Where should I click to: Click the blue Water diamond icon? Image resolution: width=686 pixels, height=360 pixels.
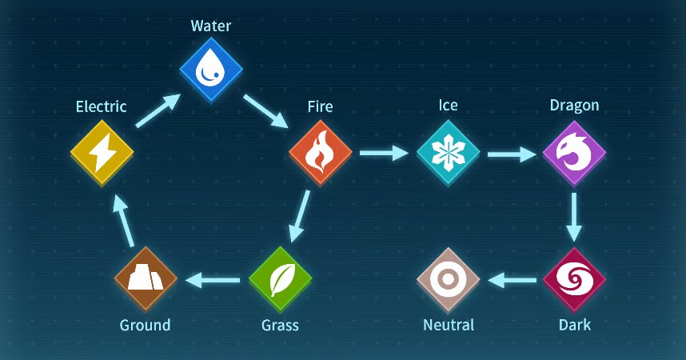click(x=211, y=70)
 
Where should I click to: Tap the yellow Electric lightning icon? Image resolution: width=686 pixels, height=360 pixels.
click(x=102, y=153)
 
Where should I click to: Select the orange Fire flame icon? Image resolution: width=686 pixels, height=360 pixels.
click(x=321, y=153)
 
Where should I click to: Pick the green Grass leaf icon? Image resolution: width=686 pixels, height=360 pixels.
click(x=280, y=279)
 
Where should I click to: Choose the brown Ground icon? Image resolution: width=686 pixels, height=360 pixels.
click(x=146, y=279)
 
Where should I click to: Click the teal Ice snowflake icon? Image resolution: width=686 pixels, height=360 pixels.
click(x=448, y=153)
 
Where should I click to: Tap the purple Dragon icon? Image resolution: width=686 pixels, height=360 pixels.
click(x=574, y=153)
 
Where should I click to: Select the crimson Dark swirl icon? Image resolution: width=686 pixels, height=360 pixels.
click(x=574, y=279)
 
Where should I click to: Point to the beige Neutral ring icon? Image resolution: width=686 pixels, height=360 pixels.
click(x=448, y=279)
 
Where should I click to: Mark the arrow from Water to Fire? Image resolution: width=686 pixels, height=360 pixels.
click(x=265, y=111)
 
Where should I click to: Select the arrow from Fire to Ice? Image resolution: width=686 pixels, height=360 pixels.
click(x=384, y=153)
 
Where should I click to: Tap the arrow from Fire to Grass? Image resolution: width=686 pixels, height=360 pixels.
click(x=300, y=216)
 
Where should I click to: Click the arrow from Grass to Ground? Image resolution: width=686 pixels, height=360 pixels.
click(x=213, y=280)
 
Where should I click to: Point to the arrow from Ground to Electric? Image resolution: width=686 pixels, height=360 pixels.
click(x=123, y=220)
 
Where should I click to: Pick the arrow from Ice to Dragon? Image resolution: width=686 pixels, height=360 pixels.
click(x=512, y=154)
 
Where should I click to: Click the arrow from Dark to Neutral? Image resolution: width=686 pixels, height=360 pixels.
click(x=512, y=280)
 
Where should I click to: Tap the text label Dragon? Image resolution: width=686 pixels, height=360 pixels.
click(x=574, y=106)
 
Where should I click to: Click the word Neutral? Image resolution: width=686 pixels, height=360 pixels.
click(x=449, y=325)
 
